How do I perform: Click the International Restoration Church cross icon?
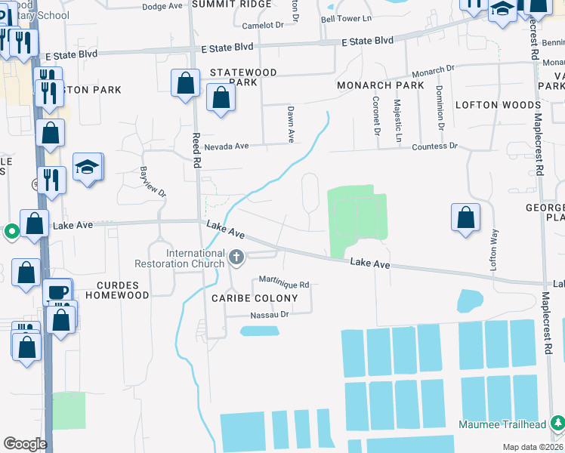(236, 258)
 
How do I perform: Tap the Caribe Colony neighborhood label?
(255, 298)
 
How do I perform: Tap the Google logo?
(25, 444)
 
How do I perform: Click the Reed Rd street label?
(196, 150)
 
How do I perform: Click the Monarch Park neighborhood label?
(381, 85)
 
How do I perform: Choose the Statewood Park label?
(243, 77)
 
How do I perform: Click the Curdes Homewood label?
(123, 291)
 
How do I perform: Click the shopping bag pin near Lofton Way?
(465, 217)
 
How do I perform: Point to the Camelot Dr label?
(263, 25)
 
